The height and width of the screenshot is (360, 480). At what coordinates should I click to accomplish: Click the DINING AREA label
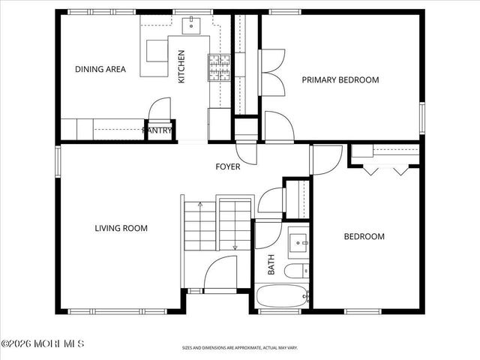click(x=100, y=70)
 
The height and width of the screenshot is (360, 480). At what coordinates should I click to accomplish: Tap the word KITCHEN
click(x=181, y=66)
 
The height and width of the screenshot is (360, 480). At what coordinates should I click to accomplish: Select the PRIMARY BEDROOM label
click(x=340, y=79)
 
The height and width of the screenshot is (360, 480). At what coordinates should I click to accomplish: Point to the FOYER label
click(x=228, y=166)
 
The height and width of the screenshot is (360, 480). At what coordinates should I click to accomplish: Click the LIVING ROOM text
click(x=121, y=228)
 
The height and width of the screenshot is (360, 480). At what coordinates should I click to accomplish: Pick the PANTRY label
click(x=157, y=130)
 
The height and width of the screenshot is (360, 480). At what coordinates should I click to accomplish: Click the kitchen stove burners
click(x=218, y=67)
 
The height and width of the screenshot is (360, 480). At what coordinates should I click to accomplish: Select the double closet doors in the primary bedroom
click(x=272, y=72)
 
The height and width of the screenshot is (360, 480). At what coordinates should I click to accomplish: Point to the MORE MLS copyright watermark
click(x=43, y=343)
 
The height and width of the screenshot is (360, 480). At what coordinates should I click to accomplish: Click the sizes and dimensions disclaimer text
click(x=239, y=348)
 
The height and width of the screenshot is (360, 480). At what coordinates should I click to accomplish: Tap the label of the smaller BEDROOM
click(x=364, y=237)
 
